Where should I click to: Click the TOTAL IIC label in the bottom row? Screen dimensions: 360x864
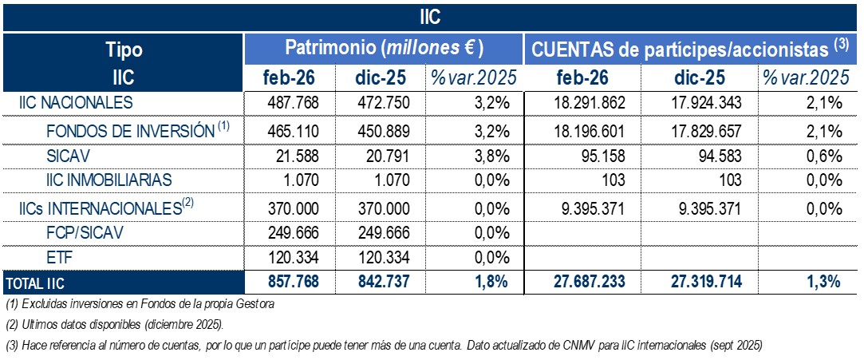tap(37, 282)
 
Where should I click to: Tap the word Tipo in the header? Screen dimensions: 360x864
tap(123, 49)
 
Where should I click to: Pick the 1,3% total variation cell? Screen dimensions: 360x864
tap(819, 281)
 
